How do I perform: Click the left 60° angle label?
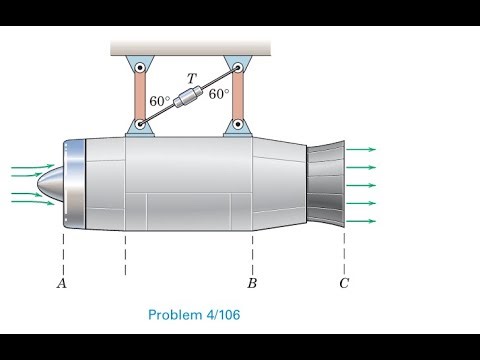coord(160,102)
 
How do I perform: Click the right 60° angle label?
coord(219,95)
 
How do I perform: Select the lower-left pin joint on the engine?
coord(141,127)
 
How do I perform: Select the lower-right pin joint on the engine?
coord(238,127)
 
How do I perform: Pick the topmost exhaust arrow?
coord(361,150)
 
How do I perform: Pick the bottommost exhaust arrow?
coord(361,220)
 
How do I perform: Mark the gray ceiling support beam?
coord(190,47)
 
